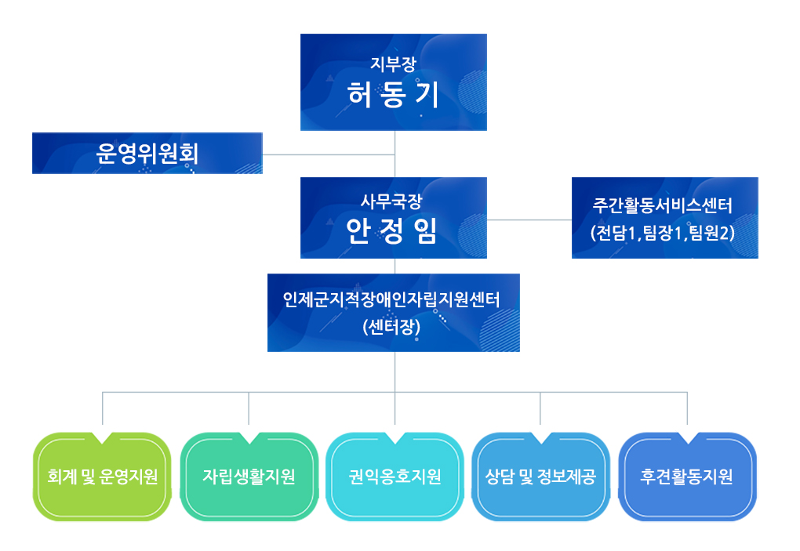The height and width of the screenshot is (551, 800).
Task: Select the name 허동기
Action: click(x=393, y=96)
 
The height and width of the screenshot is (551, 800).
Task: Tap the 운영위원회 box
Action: click(x=147, y=153)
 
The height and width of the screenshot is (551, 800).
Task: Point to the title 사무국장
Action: click(x=393, y=201)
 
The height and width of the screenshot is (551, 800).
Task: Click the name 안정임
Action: click(x=393, y=230)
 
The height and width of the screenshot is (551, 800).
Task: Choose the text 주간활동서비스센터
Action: click(x=664, y=207)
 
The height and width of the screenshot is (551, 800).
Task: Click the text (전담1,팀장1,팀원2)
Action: click(x=664, y=232)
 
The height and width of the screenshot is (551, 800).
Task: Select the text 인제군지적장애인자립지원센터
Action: click(x=392, y=300)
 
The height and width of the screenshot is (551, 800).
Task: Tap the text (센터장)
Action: click(x=392, y=327)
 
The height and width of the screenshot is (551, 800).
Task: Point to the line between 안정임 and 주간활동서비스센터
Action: click(x=529, y=220)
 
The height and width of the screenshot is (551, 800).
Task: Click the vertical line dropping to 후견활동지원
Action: click(x=687, y=408)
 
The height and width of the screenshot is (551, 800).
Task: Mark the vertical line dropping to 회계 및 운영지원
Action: click(x=103, y=408)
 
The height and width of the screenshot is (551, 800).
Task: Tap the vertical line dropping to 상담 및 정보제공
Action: click(x=540, y=408)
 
